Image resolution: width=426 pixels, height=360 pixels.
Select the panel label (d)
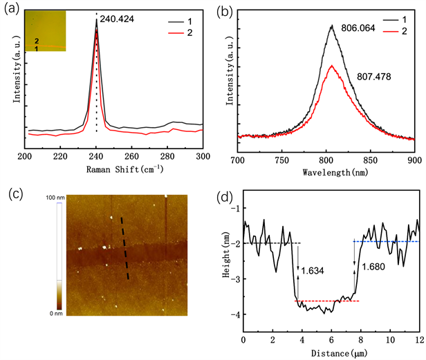[225, 194]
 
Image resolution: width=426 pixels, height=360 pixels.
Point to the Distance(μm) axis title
[330, 354]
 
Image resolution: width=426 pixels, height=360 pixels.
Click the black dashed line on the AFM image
[126, 249]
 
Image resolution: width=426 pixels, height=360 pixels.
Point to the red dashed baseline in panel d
[326, 301]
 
